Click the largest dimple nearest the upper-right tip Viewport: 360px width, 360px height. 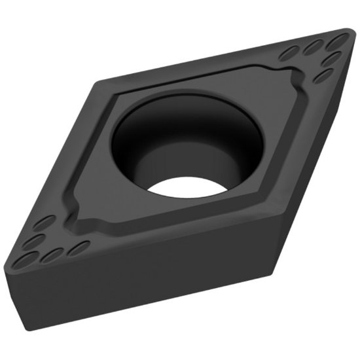tap(335, 43)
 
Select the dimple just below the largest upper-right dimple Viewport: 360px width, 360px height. tap(332, 59)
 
